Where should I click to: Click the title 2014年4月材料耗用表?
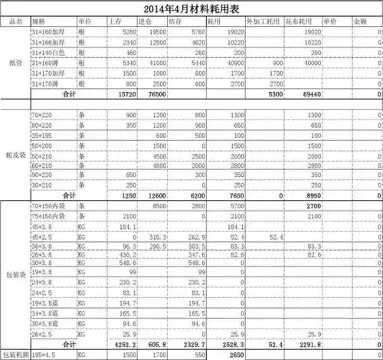(191, 9)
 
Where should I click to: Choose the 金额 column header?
(369, 22)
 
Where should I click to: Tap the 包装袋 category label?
(15, 273)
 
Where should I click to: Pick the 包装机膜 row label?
(15, 355)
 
